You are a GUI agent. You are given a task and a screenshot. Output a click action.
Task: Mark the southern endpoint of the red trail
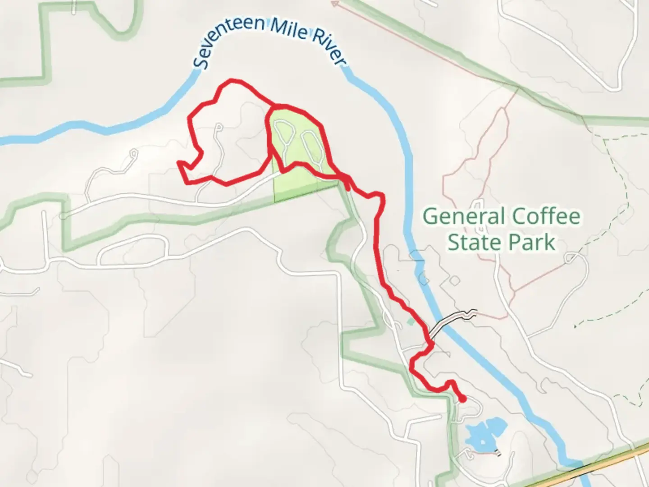click(x=463, y=399)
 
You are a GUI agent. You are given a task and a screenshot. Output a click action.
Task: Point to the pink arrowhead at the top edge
click(x=334, y=4)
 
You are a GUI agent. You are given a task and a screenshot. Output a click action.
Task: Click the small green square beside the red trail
click(x=409, y=322)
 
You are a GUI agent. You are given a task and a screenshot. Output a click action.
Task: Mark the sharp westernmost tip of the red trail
click(x=179, y=162)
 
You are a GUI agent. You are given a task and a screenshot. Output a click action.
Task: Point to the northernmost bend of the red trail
click(x=232, y=81)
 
